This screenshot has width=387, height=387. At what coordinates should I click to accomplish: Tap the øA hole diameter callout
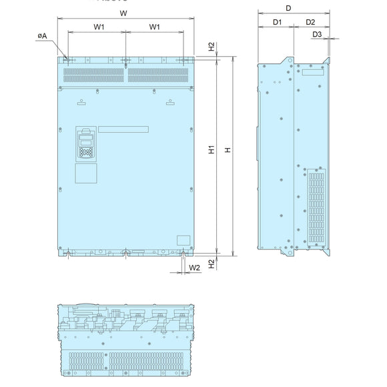pyautogui.click(x=42, y=35)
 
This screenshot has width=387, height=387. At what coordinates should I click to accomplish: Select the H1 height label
pyautogui.click(x=211, y=152)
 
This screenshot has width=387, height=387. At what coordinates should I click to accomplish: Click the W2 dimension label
pyautogui.click(x=194, y=268)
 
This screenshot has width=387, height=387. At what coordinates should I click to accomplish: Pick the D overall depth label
pyautogui.click(x=288, y=8)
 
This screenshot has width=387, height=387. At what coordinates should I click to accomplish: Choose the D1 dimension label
pyautogui.click(x=278, y=23)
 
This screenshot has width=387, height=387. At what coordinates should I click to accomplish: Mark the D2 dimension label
pyautogui.click(x=310, y=23)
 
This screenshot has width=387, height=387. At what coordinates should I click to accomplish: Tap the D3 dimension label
pyautogui.click(x=318, y=34)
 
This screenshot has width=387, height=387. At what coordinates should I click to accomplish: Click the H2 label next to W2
pyautogui.click(x=211, y=264)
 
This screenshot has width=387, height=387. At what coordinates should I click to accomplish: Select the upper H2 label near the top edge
pyautogui.click(x=211, y=47)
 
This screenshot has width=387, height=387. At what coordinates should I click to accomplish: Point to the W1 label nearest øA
pyautogui.click(x=98, y=27)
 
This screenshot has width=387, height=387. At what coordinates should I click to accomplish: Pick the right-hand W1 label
pyautogui.click(x=154, y=27)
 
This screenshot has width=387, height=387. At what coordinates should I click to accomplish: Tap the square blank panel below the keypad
pyautogui.click(x=85, y=173)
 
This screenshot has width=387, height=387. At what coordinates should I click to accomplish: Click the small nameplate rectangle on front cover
pyautogui.click(x=182, y=240)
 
